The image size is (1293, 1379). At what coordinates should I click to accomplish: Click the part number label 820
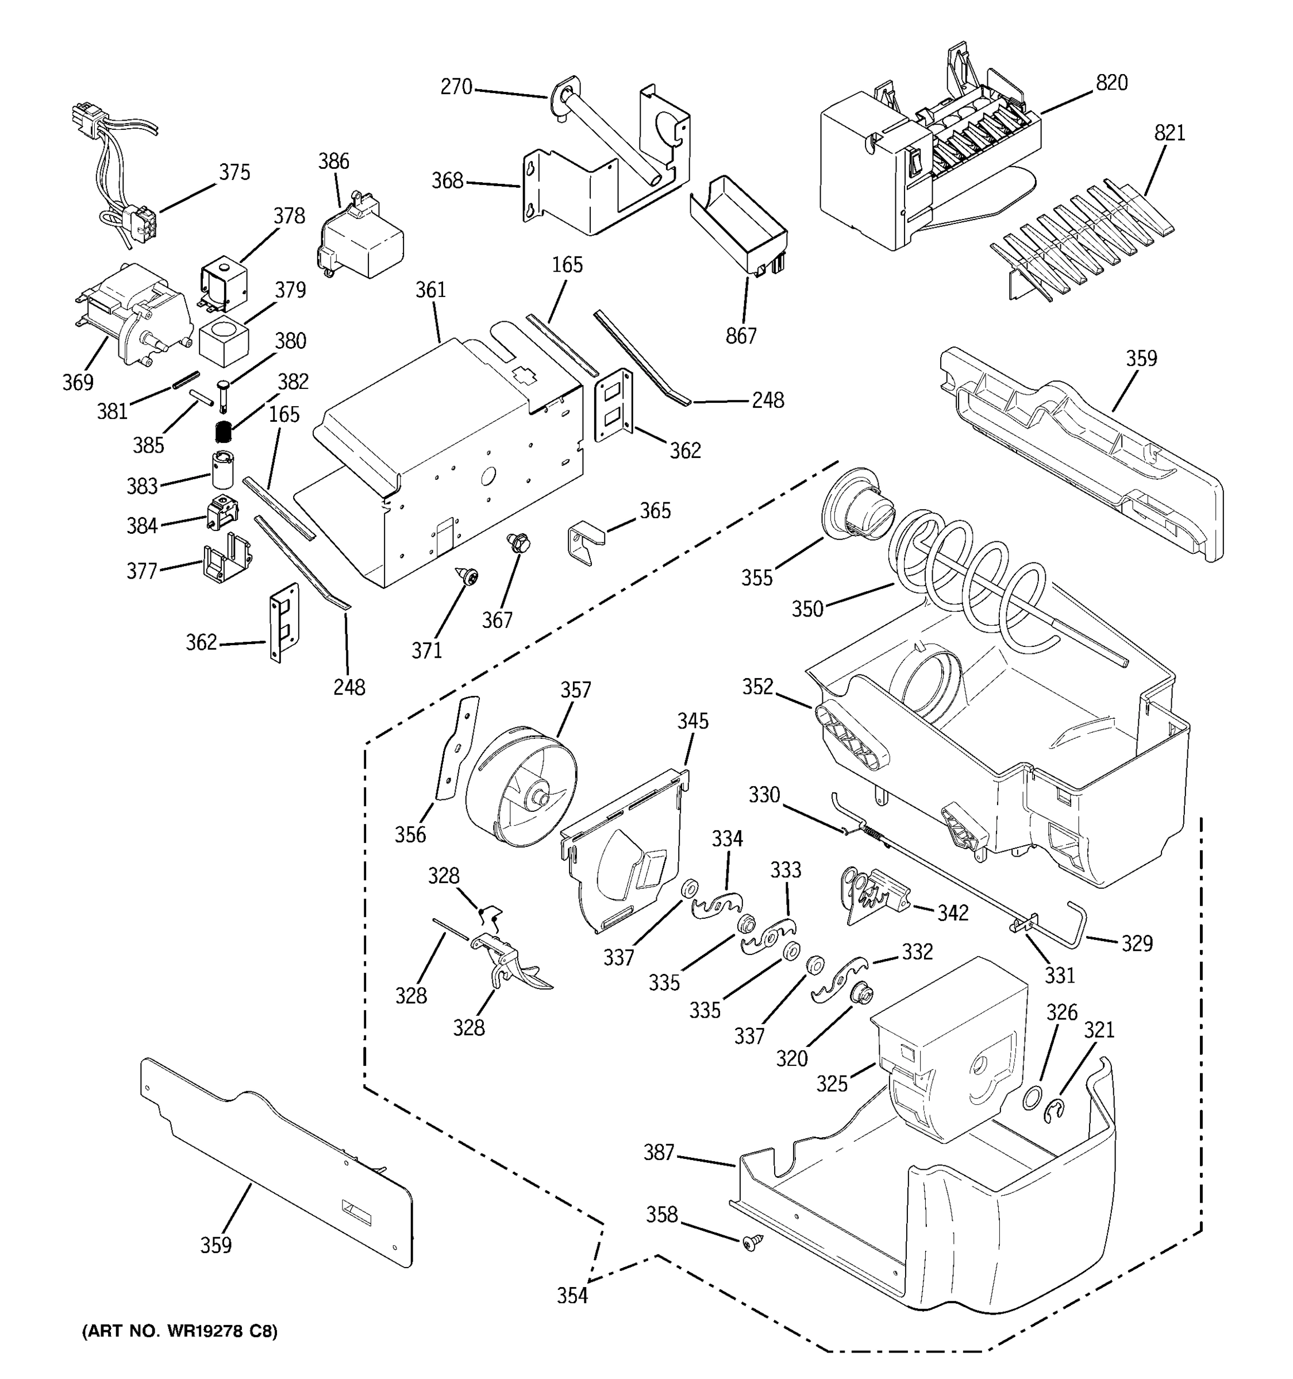(x=1111, y=83)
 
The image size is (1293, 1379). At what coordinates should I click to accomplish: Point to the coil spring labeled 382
(x=222, y=432)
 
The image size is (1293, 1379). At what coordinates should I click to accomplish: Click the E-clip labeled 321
(x=1055, y=1111)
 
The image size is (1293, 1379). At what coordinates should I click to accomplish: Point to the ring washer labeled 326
(x=1032, y=1099)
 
